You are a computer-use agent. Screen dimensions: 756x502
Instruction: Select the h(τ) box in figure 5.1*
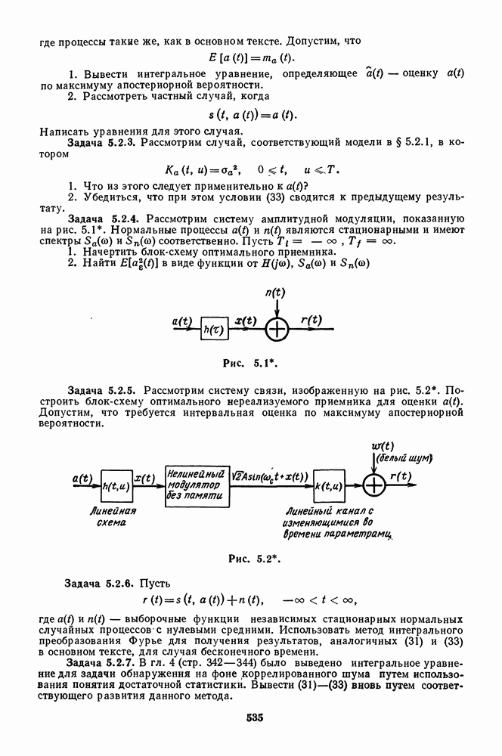214,329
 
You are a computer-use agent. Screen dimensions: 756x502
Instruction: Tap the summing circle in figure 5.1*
278,329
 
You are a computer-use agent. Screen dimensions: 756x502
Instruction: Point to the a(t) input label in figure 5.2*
82,478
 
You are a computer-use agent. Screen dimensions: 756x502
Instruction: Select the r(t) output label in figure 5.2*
401,476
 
